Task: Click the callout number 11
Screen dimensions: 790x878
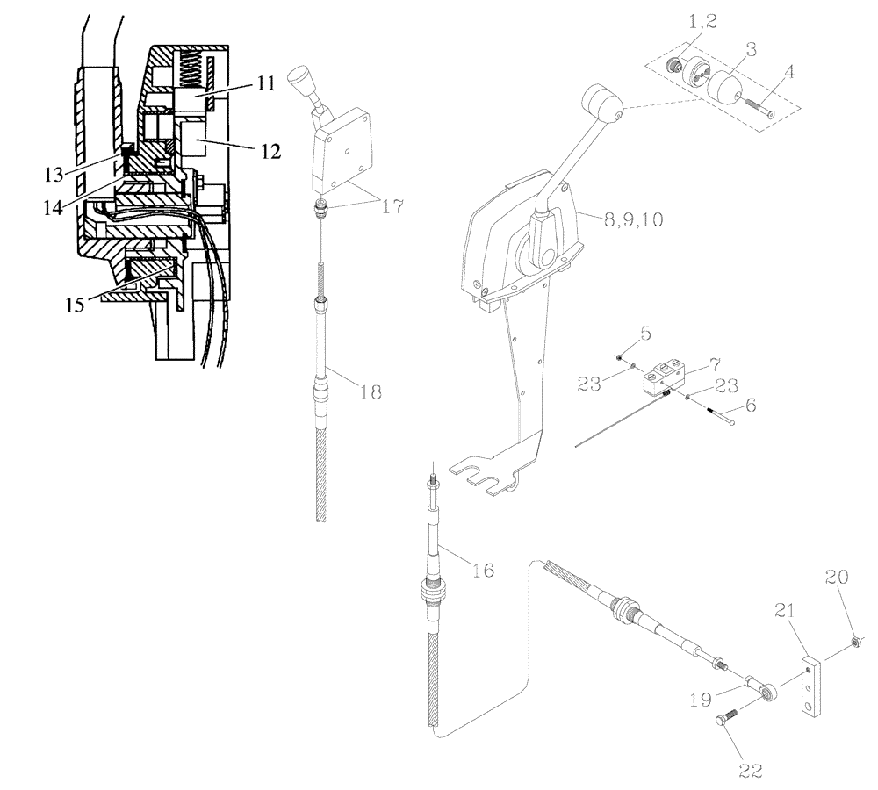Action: (x=266, y=84)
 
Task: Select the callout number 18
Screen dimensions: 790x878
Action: (x=371, y=392)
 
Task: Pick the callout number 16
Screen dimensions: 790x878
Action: (x=481, y=571)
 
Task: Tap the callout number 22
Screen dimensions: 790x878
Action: (x=750, y=771)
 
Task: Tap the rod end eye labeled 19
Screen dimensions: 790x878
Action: (x=769, y=693)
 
